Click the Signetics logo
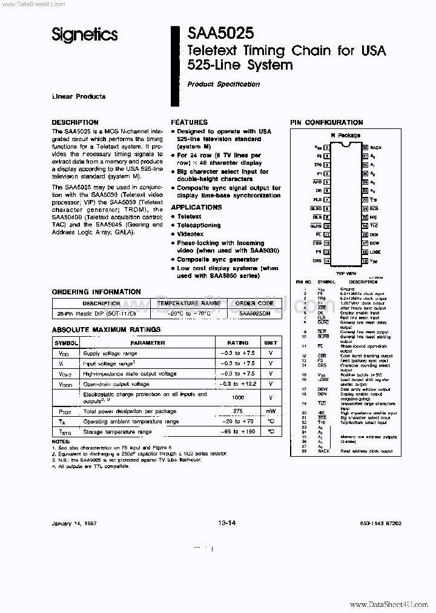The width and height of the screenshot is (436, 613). (84, 36)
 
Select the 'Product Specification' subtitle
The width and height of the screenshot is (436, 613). (223, 84)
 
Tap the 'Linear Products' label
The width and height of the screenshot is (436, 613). (78, 96)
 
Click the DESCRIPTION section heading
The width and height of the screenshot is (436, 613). (75, 122)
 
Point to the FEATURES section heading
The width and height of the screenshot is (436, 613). (189, 122)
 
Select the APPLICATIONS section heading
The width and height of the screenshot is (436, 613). (196, 207)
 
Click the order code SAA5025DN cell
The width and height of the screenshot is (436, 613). (256, 314)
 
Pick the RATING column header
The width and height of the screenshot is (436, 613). (237, 343)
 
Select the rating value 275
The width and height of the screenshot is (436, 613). (237, 411)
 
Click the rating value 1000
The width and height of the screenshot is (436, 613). (237, 397)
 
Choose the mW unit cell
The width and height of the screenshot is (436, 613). (271, 411)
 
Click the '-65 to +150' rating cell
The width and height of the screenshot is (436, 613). (237, 431)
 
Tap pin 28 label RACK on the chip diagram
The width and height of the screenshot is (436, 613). (375, 147)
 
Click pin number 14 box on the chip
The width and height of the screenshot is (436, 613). (327, 260)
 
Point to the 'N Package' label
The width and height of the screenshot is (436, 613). (345, 136)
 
